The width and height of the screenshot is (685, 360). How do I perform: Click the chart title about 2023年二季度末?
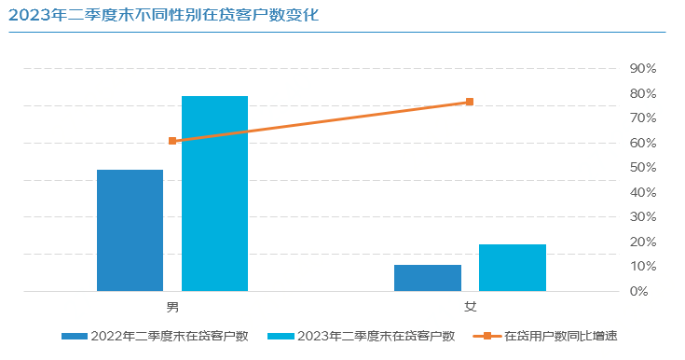163,15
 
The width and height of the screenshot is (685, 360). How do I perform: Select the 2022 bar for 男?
130,230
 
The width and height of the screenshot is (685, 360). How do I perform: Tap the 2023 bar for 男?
214,193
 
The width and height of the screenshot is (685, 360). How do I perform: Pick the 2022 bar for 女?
428,278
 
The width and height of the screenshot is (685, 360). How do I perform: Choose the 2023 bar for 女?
513,268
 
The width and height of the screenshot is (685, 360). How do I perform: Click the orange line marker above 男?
172,141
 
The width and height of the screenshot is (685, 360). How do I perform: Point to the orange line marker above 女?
470,102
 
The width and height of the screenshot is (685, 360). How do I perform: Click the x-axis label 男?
172,307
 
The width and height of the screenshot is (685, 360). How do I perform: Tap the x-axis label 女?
470,307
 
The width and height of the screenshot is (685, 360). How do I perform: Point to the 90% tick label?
643,69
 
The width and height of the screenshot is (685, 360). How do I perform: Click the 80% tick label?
643,93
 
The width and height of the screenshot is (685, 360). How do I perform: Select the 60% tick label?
643,143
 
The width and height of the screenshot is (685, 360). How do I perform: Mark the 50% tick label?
643,168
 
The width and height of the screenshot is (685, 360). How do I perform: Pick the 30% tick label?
643,217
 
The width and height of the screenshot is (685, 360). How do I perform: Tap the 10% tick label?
643,267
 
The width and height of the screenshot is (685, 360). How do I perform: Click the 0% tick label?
638,291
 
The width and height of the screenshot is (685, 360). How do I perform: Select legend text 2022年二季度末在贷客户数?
170,337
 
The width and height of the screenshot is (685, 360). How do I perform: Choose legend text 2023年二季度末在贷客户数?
377,337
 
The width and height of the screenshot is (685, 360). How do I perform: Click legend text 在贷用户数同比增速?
561,337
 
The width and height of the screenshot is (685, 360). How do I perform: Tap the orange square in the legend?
487,337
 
